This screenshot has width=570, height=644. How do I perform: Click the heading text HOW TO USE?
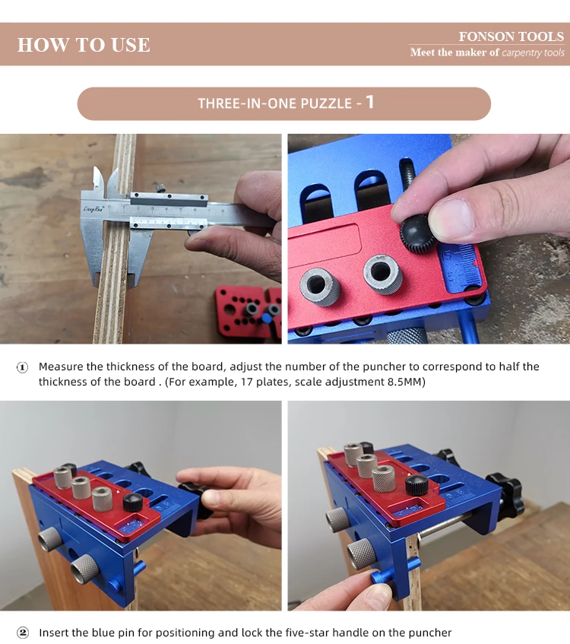[x=84, y=45]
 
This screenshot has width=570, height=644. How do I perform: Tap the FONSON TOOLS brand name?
[x=511, y=36]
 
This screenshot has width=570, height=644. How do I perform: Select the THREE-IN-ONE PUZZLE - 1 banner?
[x=284, y=103]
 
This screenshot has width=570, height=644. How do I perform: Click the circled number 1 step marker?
[x=22, y=367]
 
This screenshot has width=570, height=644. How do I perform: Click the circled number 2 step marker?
[x=22, y=633]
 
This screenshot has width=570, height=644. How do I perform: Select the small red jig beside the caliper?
[x=249, y=311]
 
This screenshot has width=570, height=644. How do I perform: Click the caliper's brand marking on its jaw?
[x=93, y=209]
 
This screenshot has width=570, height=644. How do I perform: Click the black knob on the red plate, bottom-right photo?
[x=416, y=484]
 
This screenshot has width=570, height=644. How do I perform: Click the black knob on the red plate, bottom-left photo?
[x=133, y=502]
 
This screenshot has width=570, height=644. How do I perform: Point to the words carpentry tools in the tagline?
[x=533, y=52]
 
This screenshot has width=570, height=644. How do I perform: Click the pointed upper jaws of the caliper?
[x=105, y=180]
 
